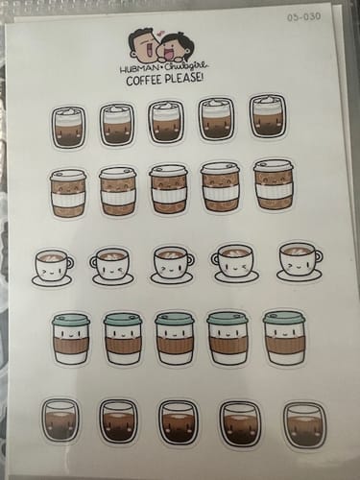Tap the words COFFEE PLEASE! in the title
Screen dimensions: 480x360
coord(164,80)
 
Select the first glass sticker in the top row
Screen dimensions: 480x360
coord(68,126)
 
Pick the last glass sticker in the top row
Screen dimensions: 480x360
coord(267,116)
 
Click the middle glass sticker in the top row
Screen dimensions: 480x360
coord(166,122)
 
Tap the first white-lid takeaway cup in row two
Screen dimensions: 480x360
coord(67,194)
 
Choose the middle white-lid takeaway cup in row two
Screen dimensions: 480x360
coord(169,189)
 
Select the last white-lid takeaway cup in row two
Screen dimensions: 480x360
coord(274,184)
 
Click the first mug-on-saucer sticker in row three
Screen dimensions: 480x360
coord(52,267)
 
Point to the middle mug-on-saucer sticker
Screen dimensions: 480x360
coord(172,264)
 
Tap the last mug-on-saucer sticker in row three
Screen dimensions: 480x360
coord(299,260)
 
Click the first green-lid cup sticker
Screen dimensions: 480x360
coord(71,339)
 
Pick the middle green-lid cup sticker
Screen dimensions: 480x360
coord(175,338)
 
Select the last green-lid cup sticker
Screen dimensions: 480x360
coord(284,336)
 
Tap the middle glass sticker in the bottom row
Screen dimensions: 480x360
coord(178,422)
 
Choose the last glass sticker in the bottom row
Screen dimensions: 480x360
coord(304,423)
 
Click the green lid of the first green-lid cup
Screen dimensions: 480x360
coord(71,319)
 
